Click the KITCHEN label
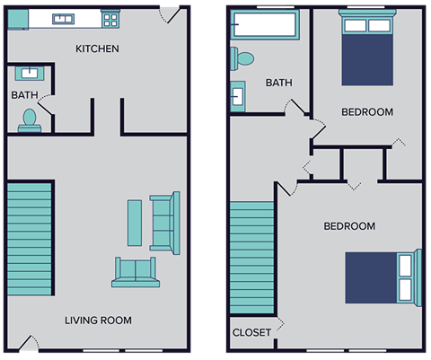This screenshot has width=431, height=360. [97, 48]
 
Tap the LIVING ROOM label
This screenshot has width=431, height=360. [98, 320]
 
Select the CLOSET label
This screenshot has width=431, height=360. [251, 332]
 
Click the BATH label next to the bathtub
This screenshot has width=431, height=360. [278, 83]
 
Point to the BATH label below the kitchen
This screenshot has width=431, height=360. [24, 94]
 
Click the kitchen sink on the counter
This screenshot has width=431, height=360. [63, 18]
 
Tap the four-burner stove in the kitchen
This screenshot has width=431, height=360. [110, 18]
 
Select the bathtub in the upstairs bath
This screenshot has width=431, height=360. [266, 26]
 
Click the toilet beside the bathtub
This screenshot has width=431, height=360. [242, 59]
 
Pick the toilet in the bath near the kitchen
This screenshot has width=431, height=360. [30, 119]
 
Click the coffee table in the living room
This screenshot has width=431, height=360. [135, 224]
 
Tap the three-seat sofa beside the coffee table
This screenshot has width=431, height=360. [164, 222]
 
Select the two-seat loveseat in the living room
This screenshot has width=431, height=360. [134, 271]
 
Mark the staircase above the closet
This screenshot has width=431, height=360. [251, 256]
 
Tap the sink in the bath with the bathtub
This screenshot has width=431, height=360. [239, 93]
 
